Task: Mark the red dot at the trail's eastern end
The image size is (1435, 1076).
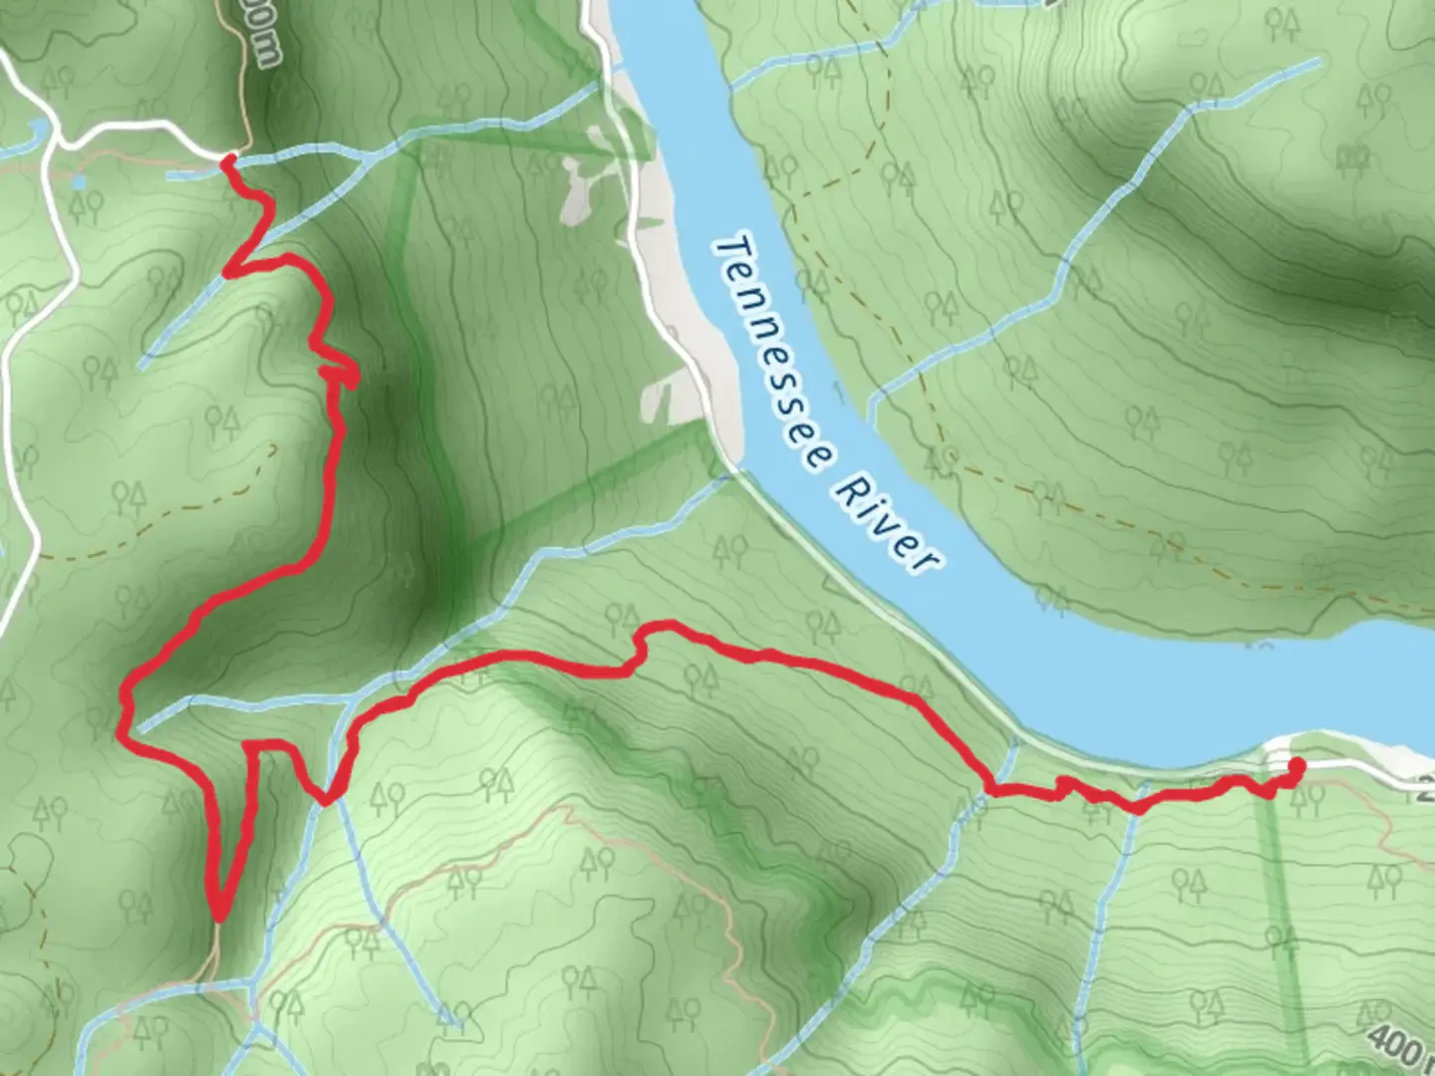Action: pos(1296,765)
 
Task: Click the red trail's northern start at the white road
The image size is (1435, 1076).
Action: pos(228,158)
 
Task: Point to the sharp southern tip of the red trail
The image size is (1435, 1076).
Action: pos(218,915)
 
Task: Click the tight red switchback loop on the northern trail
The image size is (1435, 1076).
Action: pos(343,375)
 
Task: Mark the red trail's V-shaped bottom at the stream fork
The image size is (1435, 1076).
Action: pos(326,798)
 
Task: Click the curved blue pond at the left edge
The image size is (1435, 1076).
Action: pos(38,130)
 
